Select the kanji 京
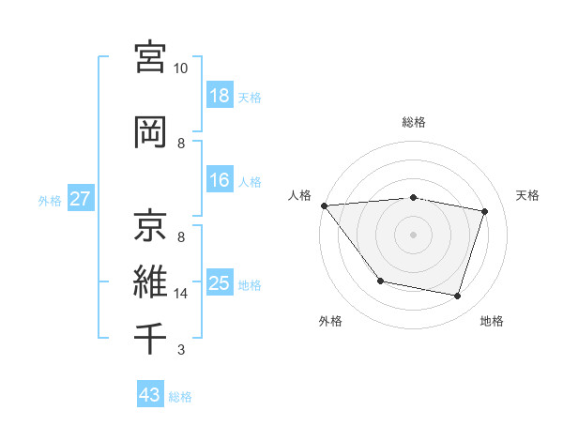point(151,224)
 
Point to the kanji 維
point(151,281)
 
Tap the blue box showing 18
point(219,96)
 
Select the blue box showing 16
point(219,180)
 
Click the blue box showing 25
point(219,283)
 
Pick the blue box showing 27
point(80,199)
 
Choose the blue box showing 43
point(149,395)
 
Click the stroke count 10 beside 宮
point(181,68)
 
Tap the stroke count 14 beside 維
point(181,294)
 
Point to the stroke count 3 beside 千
point(181,351)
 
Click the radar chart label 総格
point(414,122)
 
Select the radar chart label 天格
point(528,195)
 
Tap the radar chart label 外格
point(330,321)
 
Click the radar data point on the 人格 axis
point(324,205)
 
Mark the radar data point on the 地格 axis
point(457,297)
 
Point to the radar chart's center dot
point(414,234)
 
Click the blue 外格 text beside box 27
point(50,200)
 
